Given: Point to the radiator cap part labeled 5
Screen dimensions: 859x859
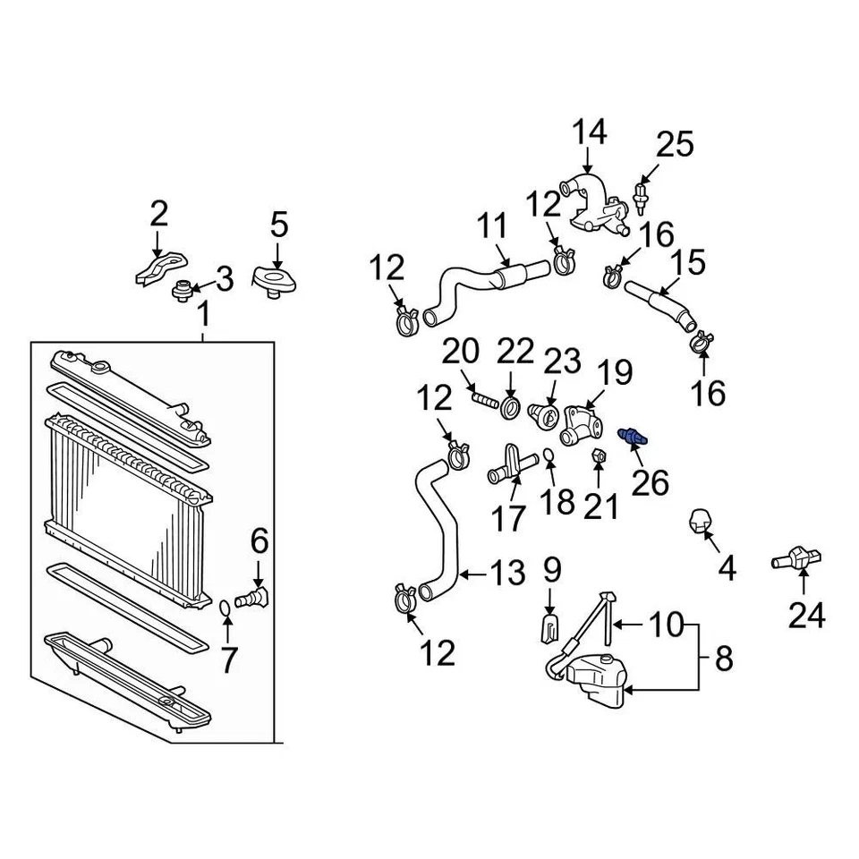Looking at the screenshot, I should pyautogui.click(x=276, y=282).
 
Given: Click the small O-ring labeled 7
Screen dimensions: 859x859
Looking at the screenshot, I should pyautogui.click(x=224, y=610).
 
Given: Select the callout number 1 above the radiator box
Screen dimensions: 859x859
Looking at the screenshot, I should pyautogui.click(x=203, y=315).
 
